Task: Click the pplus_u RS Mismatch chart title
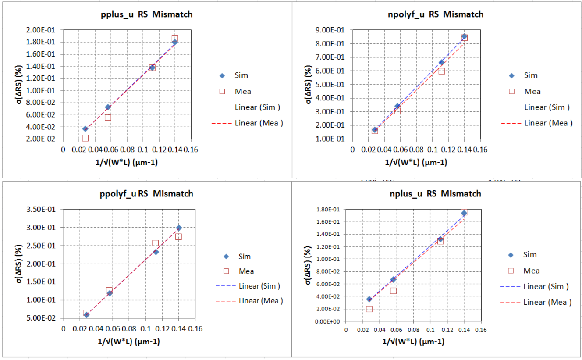pyautogui.click(x=146, y=14)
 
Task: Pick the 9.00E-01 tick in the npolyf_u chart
pyautogui.click(x=333, y=30)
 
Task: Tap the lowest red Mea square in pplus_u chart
pyautogui.click(x=85, y=138)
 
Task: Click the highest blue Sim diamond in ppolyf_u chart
pyautogui.click(x=179, y=228)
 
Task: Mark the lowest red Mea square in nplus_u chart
pyautogui.click(x=369, y=309)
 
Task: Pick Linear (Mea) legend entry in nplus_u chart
pyautogui.click(x=548, y=302)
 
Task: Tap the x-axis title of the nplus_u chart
pyautogui.click(x=414, y=341)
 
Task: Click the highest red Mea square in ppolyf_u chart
pyautogui.click(x=155, y=243)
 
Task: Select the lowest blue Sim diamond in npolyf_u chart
pyautogui.click(x=375, y=130)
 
